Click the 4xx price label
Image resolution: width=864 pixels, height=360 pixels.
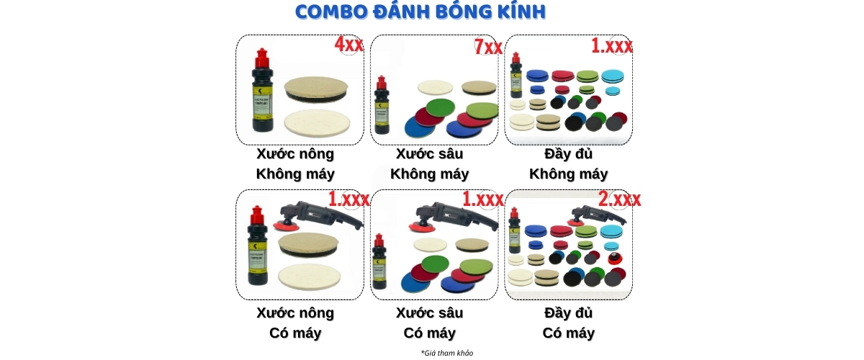click(x=348, y=45)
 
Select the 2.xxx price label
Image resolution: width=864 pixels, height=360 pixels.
click(x=619, y=199)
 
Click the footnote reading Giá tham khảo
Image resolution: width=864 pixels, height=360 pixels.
click(x=447, y=353)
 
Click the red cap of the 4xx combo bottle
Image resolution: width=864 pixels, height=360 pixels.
click(x=262, y=55)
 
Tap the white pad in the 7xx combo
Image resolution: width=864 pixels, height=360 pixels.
click(x=437, y=89)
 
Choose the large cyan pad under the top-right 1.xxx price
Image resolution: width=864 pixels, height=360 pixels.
click(x=613, y=76)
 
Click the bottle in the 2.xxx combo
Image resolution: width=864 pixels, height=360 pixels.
click(x=515, y=232)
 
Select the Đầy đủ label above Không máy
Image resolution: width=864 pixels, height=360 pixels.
click(x=569, y=154)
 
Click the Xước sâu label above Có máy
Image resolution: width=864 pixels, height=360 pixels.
click(x=430, y=313)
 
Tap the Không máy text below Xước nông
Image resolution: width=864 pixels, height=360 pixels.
click(x=295, y=174)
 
